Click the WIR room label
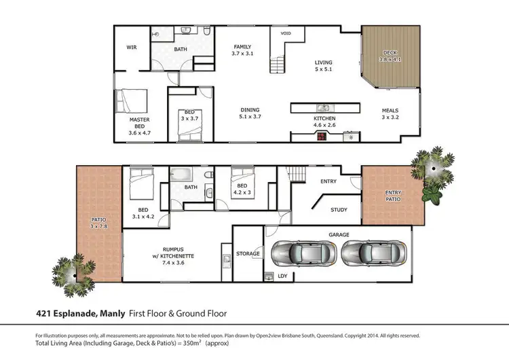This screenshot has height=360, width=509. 132,48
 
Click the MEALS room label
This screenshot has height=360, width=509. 389,111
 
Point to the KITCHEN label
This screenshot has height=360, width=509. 324,118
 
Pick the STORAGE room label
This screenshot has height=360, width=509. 248,253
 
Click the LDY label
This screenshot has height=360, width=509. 282,276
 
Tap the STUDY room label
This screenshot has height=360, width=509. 339,210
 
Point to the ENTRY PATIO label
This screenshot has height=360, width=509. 393,196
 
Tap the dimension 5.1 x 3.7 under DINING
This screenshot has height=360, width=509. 250,118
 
